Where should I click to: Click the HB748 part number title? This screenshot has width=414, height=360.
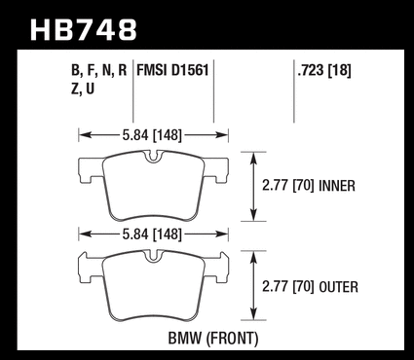pos(84,30)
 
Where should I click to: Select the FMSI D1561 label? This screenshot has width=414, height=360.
pos(172,70)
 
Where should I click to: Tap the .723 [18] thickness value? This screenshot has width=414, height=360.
pos(324,70)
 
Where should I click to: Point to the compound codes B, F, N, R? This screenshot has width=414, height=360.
pos(98,70)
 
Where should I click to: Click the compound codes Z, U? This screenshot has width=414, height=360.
pos(83,89)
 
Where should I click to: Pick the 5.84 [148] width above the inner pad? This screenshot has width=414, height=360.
pos(152,135)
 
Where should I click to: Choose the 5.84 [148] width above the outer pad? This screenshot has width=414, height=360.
pos(152,234)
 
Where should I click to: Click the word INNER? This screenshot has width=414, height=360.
pos(337,186)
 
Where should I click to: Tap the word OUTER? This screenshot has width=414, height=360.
pos(339,287)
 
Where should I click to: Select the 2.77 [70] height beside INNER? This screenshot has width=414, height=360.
pos(288,186)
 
